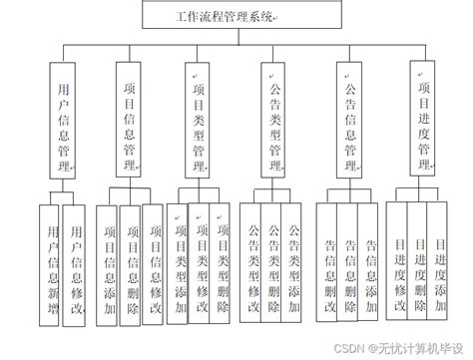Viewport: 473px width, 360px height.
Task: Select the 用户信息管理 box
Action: [x=63, y=118]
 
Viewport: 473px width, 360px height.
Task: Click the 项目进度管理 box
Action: [x=424, y=118]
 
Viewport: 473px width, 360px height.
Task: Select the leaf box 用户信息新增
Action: [x=51, y=262]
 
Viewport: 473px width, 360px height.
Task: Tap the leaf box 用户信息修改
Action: [x=75, y=262]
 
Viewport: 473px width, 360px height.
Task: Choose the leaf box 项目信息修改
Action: [x=153, y=261]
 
